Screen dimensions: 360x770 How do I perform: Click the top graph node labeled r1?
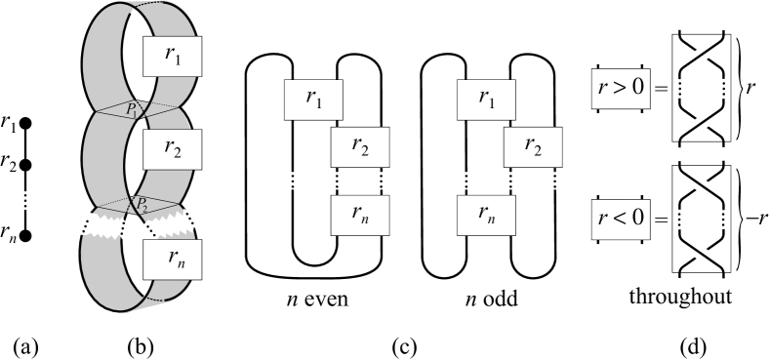[27, 123]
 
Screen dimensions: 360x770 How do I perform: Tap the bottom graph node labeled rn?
[27, 235]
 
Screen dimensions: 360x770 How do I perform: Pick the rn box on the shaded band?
[173, 260]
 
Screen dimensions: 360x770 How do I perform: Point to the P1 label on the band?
[139, 113]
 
